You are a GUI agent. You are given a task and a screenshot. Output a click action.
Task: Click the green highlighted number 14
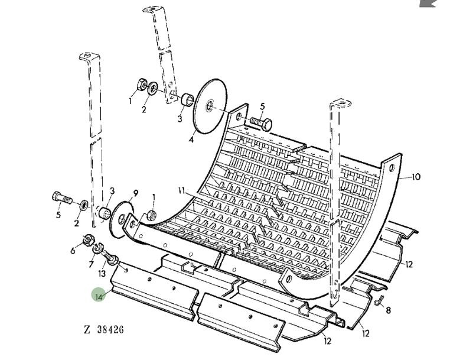[99, 296]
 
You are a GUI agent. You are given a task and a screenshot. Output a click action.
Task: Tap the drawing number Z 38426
[104, 329]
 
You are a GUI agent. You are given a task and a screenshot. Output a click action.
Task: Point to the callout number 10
[416, 177]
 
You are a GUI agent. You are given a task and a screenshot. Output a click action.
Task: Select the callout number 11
[182, 190]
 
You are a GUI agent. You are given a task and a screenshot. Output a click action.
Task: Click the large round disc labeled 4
[211, 106]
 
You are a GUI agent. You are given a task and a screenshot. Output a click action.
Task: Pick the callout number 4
[191, 140]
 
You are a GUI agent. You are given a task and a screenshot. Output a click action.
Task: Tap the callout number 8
[389, 310]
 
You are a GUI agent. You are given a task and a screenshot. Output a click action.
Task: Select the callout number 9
[135, 194]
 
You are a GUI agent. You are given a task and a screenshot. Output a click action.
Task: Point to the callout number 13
[102, 274]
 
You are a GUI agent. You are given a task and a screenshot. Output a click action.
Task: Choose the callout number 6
[73, 251]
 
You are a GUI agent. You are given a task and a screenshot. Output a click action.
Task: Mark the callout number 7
[91, 264]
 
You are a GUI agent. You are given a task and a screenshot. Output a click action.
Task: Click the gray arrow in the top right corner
[428, 4]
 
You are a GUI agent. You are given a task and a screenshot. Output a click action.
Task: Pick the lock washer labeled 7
[97, 248]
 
